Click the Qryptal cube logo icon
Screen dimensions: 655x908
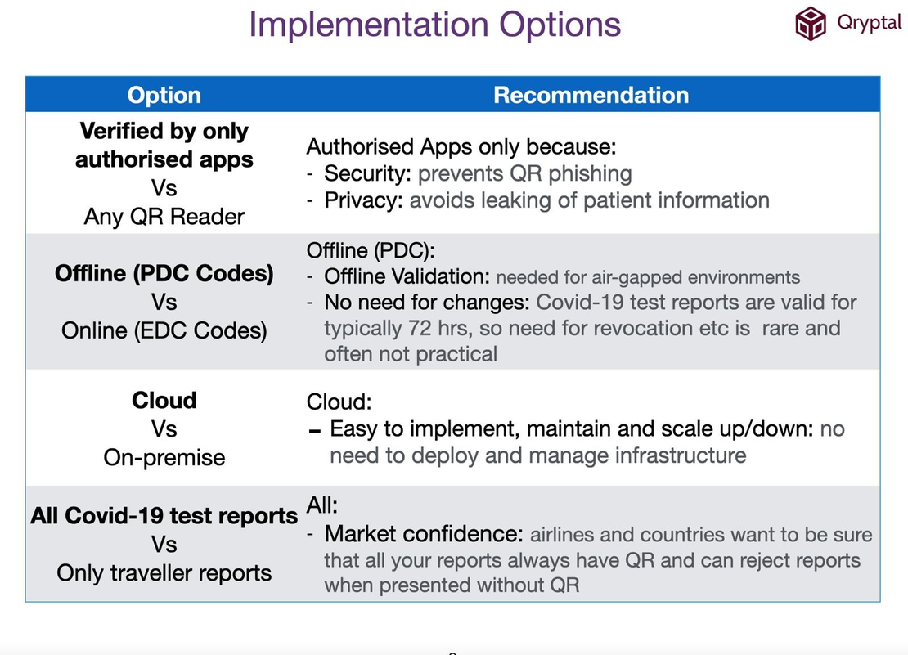point(811,23)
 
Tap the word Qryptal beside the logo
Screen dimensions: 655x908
point(869,22)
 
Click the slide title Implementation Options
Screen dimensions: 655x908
point(434,25)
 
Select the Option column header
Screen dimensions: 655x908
point(164,95)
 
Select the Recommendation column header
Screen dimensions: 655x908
point(591,95)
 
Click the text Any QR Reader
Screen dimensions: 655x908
point(164,217)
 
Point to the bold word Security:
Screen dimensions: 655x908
point(368,173)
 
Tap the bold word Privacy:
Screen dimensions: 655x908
point(363,200)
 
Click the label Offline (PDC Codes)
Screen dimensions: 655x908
point(164,273)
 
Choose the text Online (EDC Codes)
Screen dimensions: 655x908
point(164,330)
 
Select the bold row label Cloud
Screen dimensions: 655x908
point(164,401)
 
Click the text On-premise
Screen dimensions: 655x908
point(164,457)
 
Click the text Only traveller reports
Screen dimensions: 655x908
point(164,572)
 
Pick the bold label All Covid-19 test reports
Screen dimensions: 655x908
point(164,516)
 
